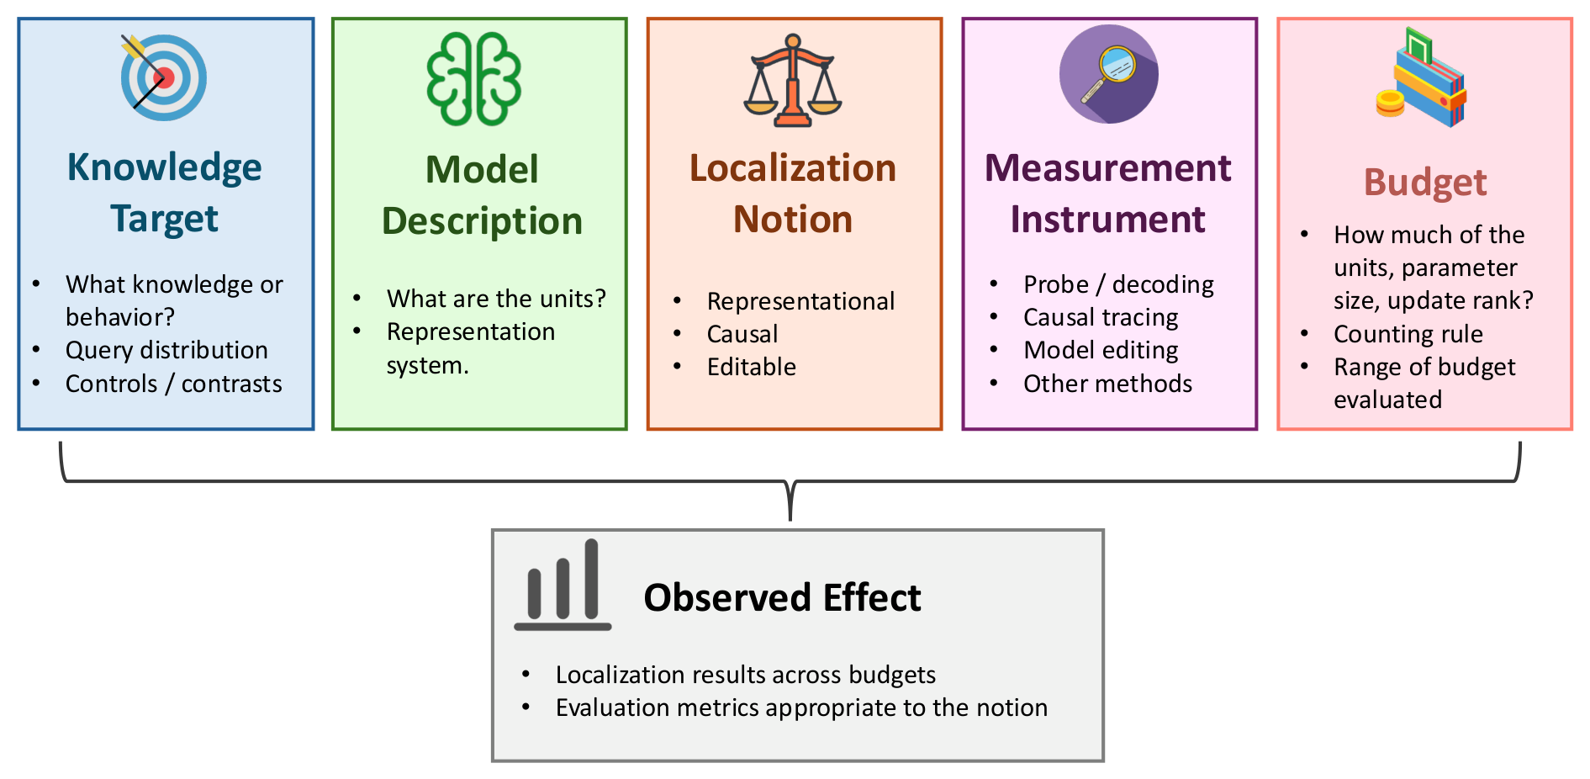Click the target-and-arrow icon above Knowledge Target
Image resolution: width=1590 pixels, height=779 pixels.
163,77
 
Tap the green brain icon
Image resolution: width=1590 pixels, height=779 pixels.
474,79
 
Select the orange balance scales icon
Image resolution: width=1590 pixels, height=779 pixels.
793,81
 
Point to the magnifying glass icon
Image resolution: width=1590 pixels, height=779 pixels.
1108,74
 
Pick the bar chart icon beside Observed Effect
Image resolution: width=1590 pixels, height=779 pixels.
563,585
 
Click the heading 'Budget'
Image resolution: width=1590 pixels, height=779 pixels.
1425,183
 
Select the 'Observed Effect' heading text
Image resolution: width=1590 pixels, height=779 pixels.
782,598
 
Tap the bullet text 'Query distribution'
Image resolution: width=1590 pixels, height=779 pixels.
166,350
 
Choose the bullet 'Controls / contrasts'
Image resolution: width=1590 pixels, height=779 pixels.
174,384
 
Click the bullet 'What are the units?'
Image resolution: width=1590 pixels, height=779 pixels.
496,299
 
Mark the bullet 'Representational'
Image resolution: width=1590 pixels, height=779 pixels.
800,301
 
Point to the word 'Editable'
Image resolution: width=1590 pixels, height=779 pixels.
752,367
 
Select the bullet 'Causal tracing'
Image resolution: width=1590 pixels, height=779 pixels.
1101,317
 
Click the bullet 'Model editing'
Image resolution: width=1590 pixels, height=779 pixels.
1101,350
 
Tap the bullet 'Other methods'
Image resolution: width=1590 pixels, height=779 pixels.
1107,384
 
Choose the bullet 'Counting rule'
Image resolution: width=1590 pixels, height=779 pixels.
1408,334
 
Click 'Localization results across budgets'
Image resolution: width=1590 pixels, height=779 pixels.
746,675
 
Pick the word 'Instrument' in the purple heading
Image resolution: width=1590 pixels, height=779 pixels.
1107,220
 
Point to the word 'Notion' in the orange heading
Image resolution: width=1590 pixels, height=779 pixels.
793,220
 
